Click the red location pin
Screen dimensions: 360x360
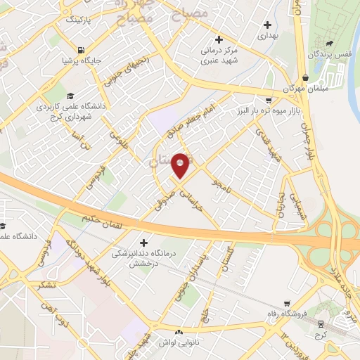tap(181, 165)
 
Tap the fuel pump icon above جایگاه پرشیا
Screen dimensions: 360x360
tap(83, 50)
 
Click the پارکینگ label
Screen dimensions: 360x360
tap(82, 21)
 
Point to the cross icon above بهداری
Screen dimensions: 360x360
tap(268, 25)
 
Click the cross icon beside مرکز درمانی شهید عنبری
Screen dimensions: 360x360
tap(219, 39)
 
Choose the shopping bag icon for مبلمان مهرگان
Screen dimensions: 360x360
tap(304, 78)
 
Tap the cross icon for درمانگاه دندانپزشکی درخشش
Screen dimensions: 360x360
tap(144, 243)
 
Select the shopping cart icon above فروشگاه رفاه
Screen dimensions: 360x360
tap(287, 303)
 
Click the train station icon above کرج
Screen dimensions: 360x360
tap(322, 323)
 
